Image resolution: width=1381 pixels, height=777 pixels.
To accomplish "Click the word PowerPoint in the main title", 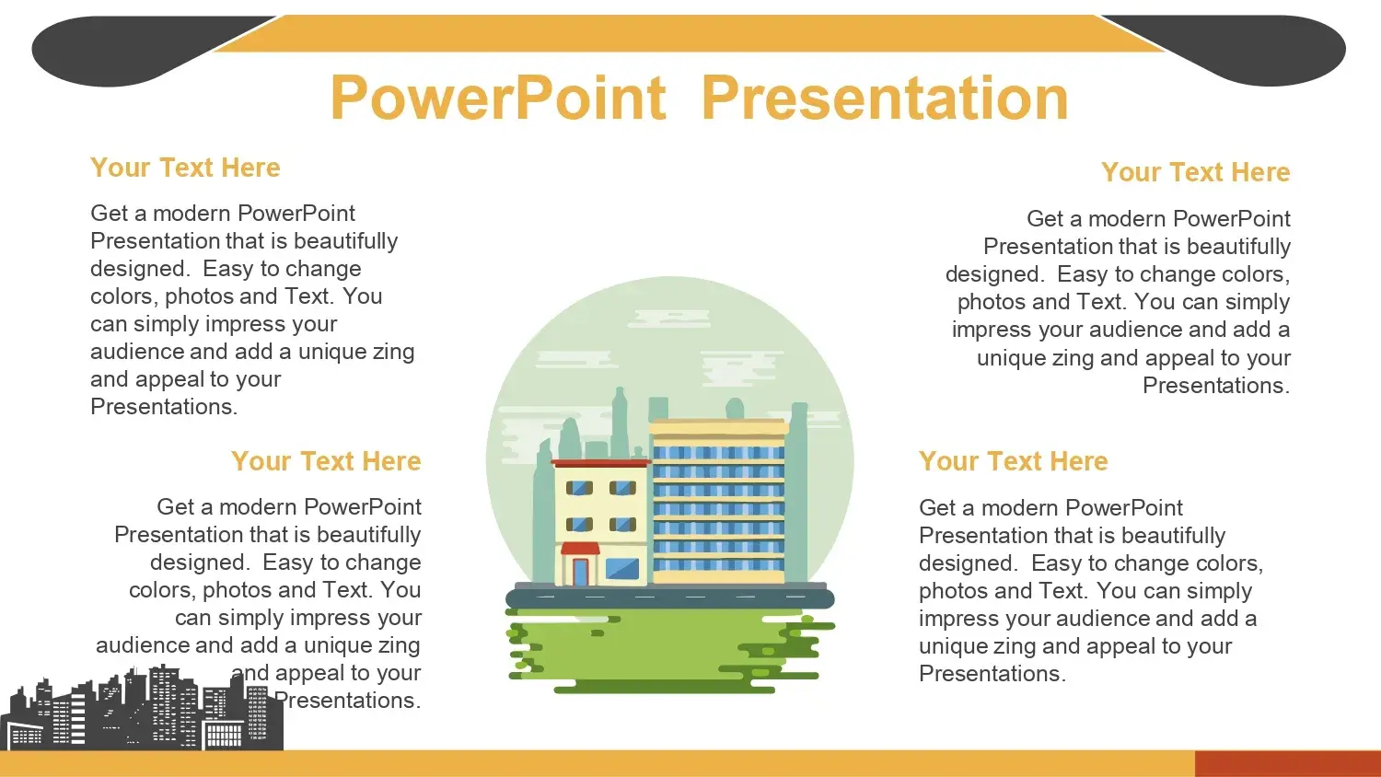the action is pos(498,98).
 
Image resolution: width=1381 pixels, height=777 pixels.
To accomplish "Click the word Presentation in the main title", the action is pos(886,98).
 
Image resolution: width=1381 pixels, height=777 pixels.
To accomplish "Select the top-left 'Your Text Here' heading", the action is pos(185,168).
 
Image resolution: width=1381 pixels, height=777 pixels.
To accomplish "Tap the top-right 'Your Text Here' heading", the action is pos(1195,172).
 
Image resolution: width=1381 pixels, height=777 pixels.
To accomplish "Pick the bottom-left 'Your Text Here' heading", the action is pos(326,461).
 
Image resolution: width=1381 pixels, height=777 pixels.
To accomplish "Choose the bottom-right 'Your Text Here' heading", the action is pos(1014,461).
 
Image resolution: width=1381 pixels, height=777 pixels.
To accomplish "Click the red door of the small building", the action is pos(580,572).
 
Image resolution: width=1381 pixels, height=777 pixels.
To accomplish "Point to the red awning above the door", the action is pos(579,549).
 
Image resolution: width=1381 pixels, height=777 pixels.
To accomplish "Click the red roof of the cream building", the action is pos(600,462).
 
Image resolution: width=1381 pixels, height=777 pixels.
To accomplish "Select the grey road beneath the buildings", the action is pos(670,597).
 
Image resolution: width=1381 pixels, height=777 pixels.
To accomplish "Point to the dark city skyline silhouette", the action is pos(142,709).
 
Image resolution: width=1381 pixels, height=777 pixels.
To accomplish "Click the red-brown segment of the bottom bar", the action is pos(1287,763).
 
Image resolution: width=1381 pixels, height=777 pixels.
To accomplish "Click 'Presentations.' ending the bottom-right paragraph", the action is pos(992,674).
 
